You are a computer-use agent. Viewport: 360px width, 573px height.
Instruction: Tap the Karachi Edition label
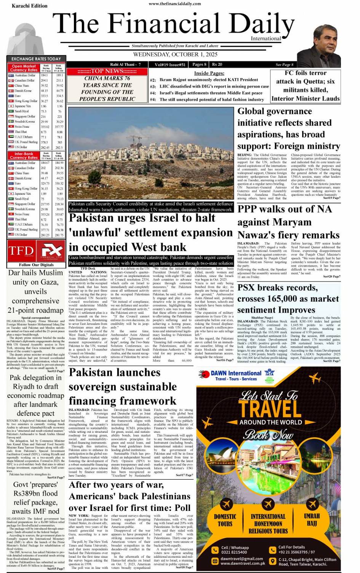click(x=29, y=6)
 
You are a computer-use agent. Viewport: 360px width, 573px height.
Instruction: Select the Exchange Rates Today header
click(x=36, y=59)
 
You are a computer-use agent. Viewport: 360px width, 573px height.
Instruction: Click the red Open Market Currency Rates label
click(x=24, y=68)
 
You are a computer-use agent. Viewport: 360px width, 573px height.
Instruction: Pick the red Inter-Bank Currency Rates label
click(x=24, y=155)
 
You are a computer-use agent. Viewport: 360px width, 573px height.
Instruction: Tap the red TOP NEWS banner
click(x=107, y=71)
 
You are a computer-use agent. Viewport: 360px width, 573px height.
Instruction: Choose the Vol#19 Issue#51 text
click(x=170, y=64)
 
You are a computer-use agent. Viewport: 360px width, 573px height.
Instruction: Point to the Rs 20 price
click(x=217, y=64)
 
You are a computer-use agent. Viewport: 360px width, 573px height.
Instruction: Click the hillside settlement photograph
click(x=151, y=154)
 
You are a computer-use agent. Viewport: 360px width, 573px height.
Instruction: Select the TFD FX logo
click(x=35, y=251)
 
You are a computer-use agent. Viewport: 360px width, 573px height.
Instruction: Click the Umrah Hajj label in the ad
click(x=312, y=520)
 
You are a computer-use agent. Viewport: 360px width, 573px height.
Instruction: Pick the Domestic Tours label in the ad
click(x=225, y=520)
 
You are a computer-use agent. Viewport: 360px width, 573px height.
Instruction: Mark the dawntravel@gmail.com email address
click(x=242, y=559)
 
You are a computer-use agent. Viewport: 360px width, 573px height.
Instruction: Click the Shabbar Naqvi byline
click(x=262, y=317)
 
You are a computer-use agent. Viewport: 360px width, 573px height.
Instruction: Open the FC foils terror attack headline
click(x=306, y=85)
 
